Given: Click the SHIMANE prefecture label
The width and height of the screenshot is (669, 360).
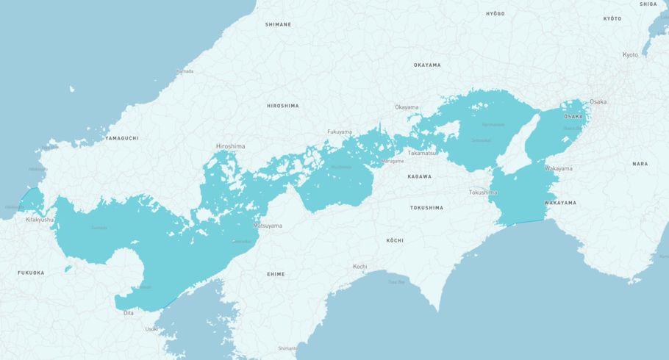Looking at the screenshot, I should pyautogui.click(x=278, y=24).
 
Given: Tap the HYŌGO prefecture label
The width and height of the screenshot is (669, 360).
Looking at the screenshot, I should pyautogui.click(x=495, y=14).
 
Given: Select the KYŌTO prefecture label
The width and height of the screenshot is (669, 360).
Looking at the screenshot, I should pyautogui.click(x=612, y=18).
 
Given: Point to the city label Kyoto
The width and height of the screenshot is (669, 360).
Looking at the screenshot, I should pyautogui.click(x=630, y=55).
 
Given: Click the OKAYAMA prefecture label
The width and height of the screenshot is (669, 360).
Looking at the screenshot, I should pyautogui.click(x=427, y=65).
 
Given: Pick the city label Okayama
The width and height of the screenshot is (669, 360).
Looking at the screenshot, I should pyautogui.click(x=407, y=107).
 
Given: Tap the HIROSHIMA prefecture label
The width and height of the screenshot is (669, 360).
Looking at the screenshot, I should pyautogui.click(x=282, y=106).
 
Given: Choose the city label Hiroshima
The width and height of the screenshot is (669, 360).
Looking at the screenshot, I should pyautogui.click(x=230, y=146).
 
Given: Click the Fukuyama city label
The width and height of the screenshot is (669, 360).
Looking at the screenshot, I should pyautogui.click(x=340, y=132).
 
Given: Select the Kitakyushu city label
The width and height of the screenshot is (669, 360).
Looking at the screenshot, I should pyautogui.click(x=40, y=219).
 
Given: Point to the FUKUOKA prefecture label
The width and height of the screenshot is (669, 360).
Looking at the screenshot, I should pyautogui.click(x=31, y=273).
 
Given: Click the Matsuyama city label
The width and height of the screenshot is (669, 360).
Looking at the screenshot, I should pyautogui.click(x=268, y=226).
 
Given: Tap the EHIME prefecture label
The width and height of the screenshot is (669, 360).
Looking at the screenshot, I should pyautogui.click(x=276, y=274).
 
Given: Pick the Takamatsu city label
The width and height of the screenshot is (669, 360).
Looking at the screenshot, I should pyautogui.click(x=423, y=153).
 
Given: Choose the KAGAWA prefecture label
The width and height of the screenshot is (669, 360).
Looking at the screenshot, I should pyautogui.click(x=420, y=176).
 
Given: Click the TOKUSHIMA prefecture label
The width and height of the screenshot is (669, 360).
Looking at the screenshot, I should pyautogui.click(x=426, y=207).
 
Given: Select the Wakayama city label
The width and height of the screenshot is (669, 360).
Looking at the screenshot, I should pyautogui.click(x=558, y=168).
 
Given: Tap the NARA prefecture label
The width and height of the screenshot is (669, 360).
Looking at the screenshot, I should pyautogui.click(x=640, y=164).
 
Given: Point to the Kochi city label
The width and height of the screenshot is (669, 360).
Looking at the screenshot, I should pyautogui.click(x=359, y=266).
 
